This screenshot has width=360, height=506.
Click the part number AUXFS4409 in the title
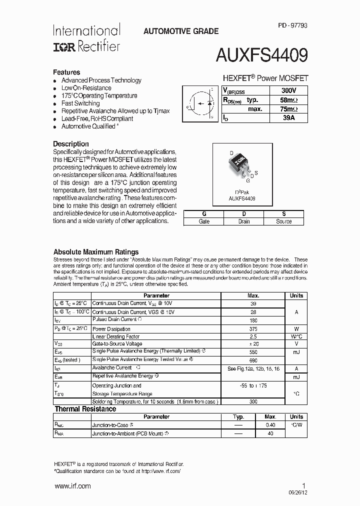pos(261,54)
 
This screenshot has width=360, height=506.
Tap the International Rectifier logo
pos(86,38)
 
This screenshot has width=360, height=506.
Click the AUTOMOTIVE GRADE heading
pos(181,31)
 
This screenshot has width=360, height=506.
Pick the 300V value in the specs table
pos(288,90)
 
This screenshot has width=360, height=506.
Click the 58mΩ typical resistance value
pos(288,100)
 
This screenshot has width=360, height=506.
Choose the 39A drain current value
pos(288,118)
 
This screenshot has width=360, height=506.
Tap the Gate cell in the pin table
pos(204,221)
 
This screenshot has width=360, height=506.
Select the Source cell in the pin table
pos(283,221)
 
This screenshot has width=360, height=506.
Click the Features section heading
pos(66,72)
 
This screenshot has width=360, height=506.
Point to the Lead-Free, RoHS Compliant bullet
pos(97,119)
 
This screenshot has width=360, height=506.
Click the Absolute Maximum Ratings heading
pos(96,252)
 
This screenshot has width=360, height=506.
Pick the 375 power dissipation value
pos(253,329)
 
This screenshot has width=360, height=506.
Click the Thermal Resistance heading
pos(85,409)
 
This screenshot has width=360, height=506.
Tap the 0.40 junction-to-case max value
pos(270,425)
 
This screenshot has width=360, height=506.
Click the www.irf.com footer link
pos(72,486)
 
